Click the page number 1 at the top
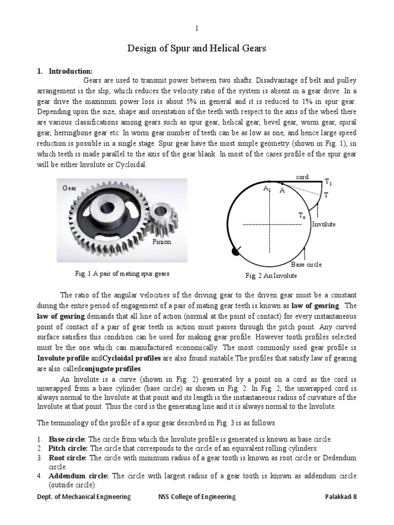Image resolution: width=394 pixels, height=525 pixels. tap(196, 29)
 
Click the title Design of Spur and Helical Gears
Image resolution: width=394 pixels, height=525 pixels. tap(196, 49)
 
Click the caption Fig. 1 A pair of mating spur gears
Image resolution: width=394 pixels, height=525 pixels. tap(122, 274)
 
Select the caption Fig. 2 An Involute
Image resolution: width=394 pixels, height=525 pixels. tap(271, 275)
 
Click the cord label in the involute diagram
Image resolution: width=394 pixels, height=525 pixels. tap(302, 177)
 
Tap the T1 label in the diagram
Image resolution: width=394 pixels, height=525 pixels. tap(328, 182)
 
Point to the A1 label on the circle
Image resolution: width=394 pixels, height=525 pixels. tap(267, 189)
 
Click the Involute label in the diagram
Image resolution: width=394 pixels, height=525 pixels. tap(324, 224)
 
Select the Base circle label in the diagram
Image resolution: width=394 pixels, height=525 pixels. tap(306, 265)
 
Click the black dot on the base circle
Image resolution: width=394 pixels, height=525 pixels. tap(235, 251)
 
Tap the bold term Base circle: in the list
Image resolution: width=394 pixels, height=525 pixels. tap(68, 439)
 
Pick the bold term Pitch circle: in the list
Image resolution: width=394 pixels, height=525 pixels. tap(69, 448)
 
